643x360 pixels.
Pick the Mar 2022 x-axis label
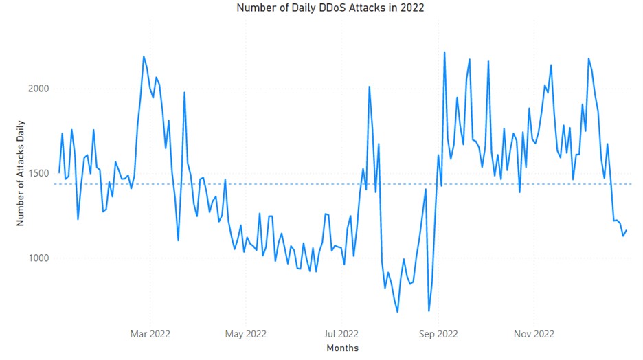[150, 334]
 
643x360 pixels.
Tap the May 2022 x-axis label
[246, 334]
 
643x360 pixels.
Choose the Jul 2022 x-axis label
[341, 334]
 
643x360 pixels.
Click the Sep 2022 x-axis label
[438, 334]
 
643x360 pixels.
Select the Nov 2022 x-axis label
[534, 334]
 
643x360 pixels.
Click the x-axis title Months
[342, 348]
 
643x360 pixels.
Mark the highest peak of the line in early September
[444, 52]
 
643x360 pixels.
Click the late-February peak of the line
[144, 56]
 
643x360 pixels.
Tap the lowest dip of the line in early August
[397, 312]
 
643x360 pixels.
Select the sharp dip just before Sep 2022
[429, 311]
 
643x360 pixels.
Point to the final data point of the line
[626, 230]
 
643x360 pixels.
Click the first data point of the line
[59, 172]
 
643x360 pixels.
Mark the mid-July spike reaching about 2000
[369, 87]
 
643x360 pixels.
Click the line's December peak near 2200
[589, 58]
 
